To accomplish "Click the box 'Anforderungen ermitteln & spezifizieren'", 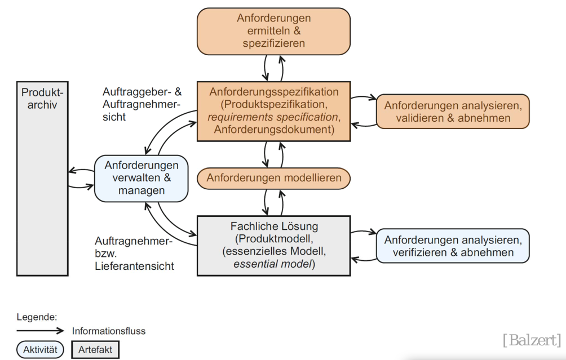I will pos(273,31).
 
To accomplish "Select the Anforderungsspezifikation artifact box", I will pos(273,111).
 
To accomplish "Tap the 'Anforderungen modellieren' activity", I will pos(273,178).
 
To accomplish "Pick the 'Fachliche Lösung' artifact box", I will pos(273,246).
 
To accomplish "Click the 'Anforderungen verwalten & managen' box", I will pos(141,178).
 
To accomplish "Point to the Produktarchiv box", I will pos(42,178).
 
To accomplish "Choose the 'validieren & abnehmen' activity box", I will pos(453,112).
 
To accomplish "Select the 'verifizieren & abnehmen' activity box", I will pos(453,246).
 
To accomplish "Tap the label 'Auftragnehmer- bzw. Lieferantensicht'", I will pos(134,254).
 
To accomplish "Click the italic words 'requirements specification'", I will pos(273,117).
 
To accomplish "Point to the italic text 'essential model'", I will pos(275,264).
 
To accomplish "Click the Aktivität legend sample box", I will pos(39,349).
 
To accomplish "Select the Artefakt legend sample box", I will pos(95,349).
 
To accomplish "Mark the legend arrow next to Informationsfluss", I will pos(41,331).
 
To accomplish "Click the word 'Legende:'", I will pos(37,317).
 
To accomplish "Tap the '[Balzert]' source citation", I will pos(532,340).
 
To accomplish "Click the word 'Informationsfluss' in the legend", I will pos(108,331).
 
